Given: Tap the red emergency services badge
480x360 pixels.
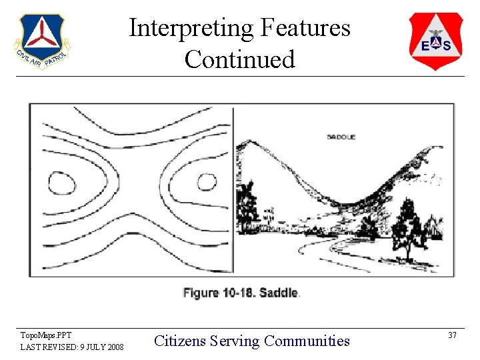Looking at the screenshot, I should tap(435, 41).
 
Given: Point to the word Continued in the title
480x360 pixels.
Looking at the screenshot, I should tap(239, 59).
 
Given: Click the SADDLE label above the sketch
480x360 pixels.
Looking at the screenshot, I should tap(341, 137).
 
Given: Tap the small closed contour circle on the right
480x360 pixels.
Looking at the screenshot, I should tap(204, 181).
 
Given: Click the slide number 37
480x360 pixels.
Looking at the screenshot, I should tap(451, 335).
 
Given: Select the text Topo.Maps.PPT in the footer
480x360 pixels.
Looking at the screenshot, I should tap(46, 335).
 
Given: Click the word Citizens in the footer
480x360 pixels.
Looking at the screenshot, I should tap(180, 341).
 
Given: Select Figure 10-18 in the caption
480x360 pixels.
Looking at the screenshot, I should tap(219, 293).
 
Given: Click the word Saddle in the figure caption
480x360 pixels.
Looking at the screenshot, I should tap(279, 293).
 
